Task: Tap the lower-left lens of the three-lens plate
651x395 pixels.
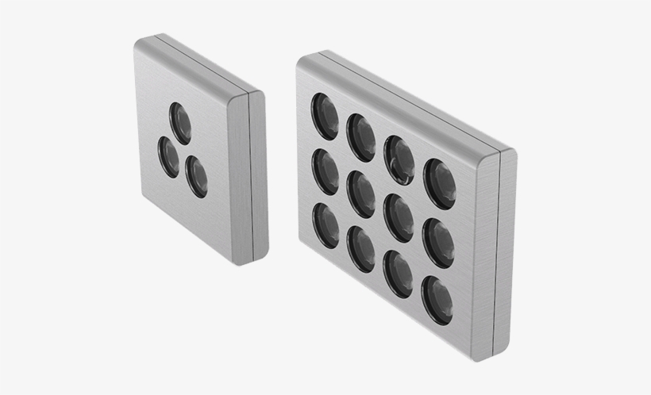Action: point(168,156)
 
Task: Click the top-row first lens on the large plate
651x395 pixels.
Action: point(324,116)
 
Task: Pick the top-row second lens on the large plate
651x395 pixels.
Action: point(361,136)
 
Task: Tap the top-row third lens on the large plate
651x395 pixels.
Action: point(399,159)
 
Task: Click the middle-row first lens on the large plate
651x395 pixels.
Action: point(325,171)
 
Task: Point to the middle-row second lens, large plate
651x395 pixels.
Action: point(361,194)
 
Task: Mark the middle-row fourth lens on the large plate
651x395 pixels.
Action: point(438,242)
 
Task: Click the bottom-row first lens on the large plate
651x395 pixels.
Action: point(325,224)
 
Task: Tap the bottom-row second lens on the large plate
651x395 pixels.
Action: point(361,248)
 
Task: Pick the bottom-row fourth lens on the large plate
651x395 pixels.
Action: point(438,300)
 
